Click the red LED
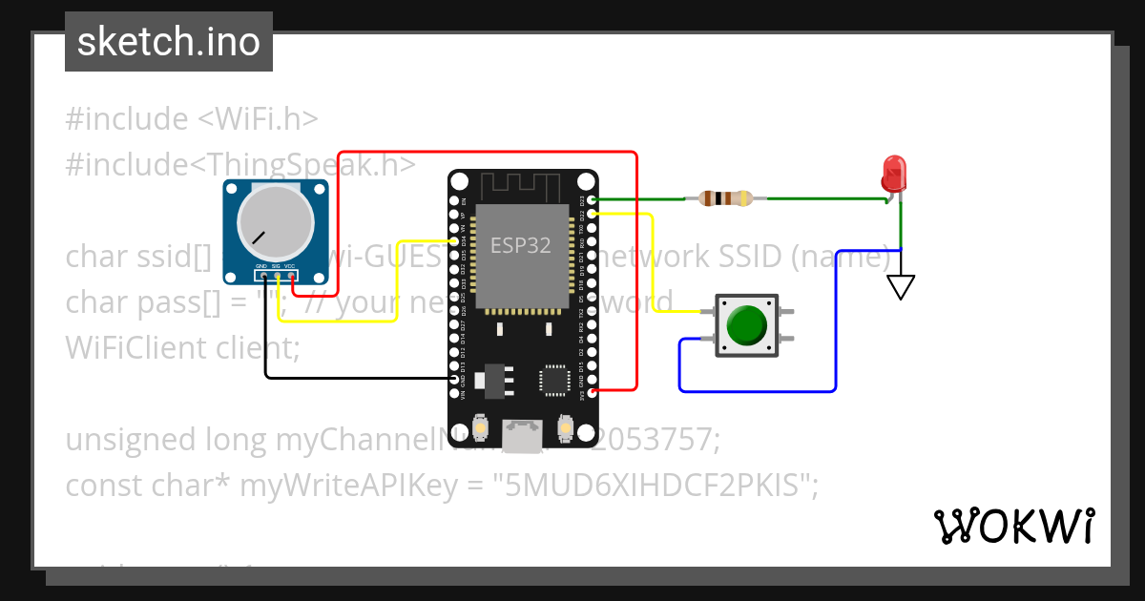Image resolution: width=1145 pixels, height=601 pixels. [894, 174]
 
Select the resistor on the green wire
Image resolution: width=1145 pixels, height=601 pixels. [725, 198]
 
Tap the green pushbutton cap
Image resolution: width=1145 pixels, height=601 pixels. [746, 325]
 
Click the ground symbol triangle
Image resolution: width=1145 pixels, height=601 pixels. [900, 286]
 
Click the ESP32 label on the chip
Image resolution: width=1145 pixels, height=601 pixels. [520, 245]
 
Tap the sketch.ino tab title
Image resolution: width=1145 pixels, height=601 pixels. [169, 42]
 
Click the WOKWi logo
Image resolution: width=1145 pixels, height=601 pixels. [1013, 526]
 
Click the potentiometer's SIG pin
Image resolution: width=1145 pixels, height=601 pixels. [277, 277]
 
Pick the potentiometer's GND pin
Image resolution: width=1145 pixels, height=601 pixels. [261, 277]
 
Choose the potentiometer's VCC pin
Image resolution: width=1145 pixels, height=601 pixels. [291, 277]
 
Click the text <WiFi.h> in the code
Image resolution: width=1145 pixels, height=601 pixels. [258, 119]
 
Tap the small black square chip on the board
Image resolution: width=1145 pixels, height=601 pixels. [554, 380]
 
